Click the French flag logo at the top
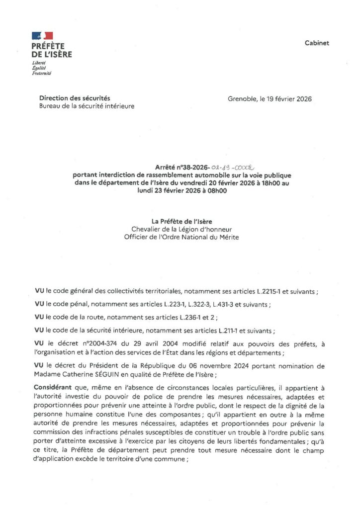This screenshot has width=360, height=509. pyautogui.click(x=42, y=36)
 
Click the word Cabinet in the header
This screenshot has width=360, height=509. pyautogui.click(x=317, y=43)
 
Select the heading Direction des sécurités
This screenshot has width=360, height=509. pyautogui.click(x=75, y=98)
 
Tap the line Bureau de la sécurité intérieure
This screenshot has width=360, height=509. pyautogui.click(x=87, y=106)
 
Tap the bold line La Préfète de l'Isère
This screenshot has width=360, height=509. pyautogui.click(x=181, y=222)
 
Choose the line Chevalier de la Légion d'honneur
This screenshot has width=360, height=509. pyautogui.click(x=181, y=229)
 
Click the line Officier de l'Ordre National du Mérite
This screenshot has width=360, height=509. pyautogui.click(x=181, y=237)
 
